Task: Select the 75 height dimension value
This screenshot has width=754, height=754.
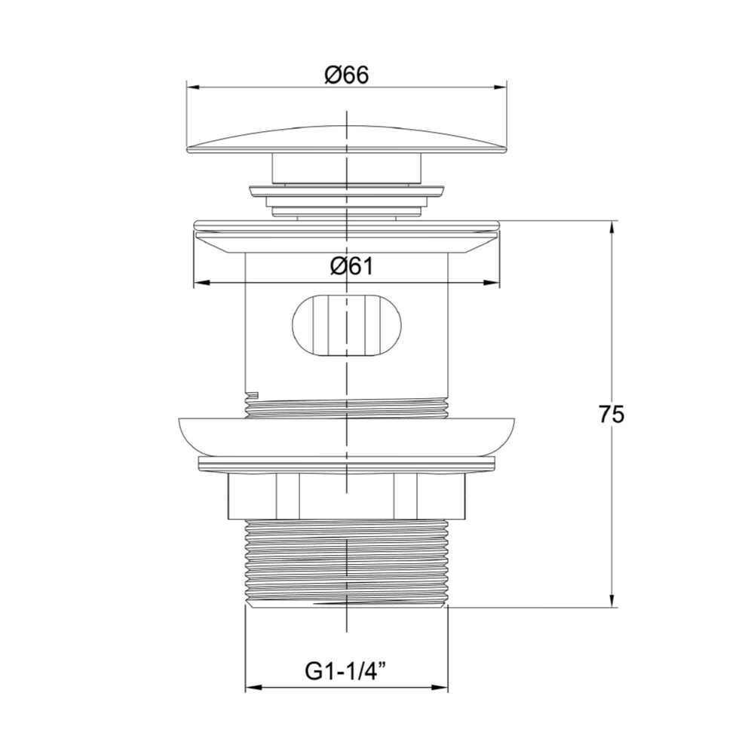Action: point(612,415)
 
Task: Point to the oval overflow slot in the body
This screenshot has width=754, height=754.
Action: point(346,324)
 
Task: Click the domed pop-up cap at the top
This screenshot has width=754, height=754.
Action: point(346,139)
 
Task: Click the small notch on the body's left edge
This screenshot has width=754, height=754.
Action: point(253,394)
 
